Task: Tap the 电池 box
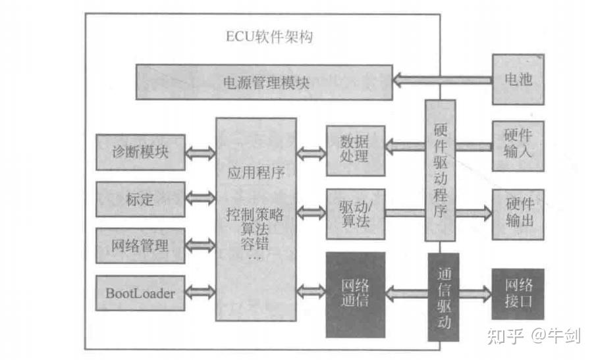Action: pos(518,80)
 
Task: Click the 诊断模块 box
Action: pos(140,152)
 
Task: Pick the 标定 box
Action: pos(140,199)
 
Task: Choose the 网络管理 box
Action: pos(140,246)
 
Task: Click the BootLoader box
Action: pos(140,293)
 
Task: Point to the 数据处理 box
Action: pos(355,151)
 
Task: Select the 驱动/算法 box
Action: pos(355,213)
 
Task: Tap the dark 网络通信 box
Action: pos(355,293)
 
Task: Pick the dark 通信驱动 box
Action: pos(443,296)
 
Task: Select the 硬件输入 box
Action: pos(518,144)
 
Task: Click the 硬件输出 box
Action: pos(518,213)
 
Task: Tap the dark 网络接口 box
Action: pos(518,294)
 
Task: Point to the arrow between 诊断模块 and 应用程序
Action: pos(201,153)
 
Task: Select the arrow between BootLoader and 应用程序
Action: pos(201,292)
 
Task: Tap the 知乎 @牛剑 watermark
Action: pos(533,337)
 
